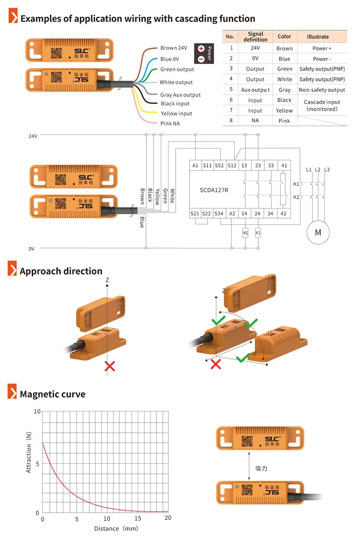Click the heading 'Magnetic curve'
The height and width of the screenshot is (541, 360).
click(52, 394)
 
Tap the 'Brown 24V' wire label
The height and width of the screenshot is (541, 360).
click(174, 48)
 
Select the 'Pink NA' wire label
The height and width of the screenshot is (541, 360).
click(170, 124)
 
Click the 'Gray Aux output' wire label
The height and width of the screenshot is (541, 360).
click(180, 95)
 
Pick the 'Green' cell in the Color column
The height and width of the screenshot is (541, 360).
click(284, 69)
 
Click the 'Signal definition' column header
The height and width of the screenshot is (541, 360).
click(255, 37)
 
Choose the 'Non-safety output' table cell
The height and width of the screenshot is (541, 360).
click(322, 90)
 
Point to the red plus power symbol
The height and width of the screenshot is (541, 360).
click(201, 49)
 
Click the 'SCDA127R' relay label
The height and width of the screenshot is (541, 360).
click(214, 190)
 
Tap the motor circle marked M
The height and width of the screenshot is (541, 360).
click(318, 232)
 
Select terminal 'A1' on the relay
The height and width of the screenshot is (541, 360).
click(195, 165)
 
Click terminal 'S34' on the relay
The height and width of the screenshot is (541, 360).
click(219, 213)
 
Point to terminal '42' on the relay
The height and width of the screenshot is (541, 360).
click(284, 213)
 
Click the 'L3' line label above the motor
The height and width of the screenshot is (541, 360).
click(327, 170)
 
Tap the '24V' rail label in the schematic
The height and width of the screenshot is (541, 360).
click(33, 136)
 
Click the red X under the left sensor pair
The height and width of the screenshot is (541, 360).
click(110, 366)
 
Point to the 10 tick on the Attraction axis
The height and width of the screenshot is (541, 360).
click(37, 412)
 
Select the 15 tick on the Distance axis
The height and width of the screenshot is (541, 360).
click(137, 518)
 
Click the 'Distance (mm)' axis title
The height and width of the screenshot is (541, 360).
click(116, 529)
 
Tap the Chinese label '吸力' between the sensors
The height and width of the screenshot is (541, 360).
click(261, 468)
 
